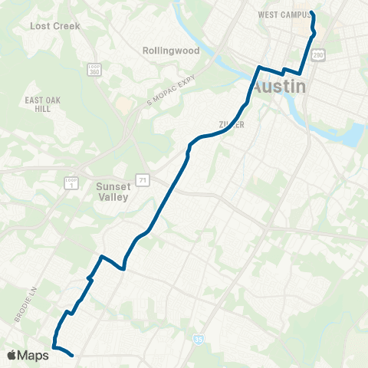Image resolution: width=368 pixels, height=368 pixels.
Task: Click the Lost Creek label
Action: [54, 25]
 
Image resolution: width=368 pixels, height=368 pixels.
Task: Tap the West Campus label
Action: [284, 15]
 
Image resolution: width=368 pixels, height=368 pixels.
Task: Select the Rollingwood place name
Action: [171, 51]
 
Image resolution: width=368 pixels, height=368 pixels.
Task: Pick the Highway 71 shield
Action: [142, 179]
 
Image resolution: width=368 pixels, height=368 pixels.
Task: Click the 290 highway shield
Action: [318, 55]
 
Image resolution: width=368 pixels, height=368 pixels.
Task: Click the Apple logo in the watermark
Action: [12, 355]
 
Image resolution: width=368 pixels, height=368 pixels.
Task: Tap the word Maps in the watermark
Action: [33, 355]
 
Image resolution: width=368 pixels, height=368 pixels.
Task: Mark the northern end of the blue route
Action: [312, 13]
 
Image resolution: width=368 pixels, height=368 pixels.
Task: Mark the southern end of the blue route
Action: [71, 355]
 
